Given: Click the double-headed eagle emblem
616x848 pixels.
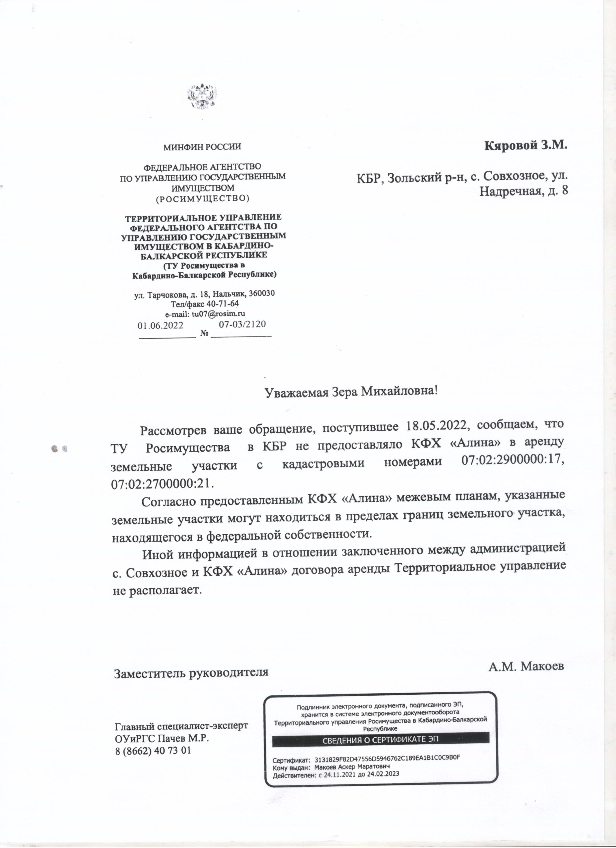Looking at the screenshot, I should [202, 96].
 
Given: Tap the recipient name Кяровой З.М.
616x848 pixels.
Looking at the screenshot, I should [526, 145].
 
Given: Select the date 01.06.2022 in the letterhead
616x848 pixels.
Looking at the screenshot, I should [161, 325].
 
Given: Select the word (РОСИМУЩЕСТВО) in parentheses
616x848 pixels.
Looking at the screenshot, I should [202, 198].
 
